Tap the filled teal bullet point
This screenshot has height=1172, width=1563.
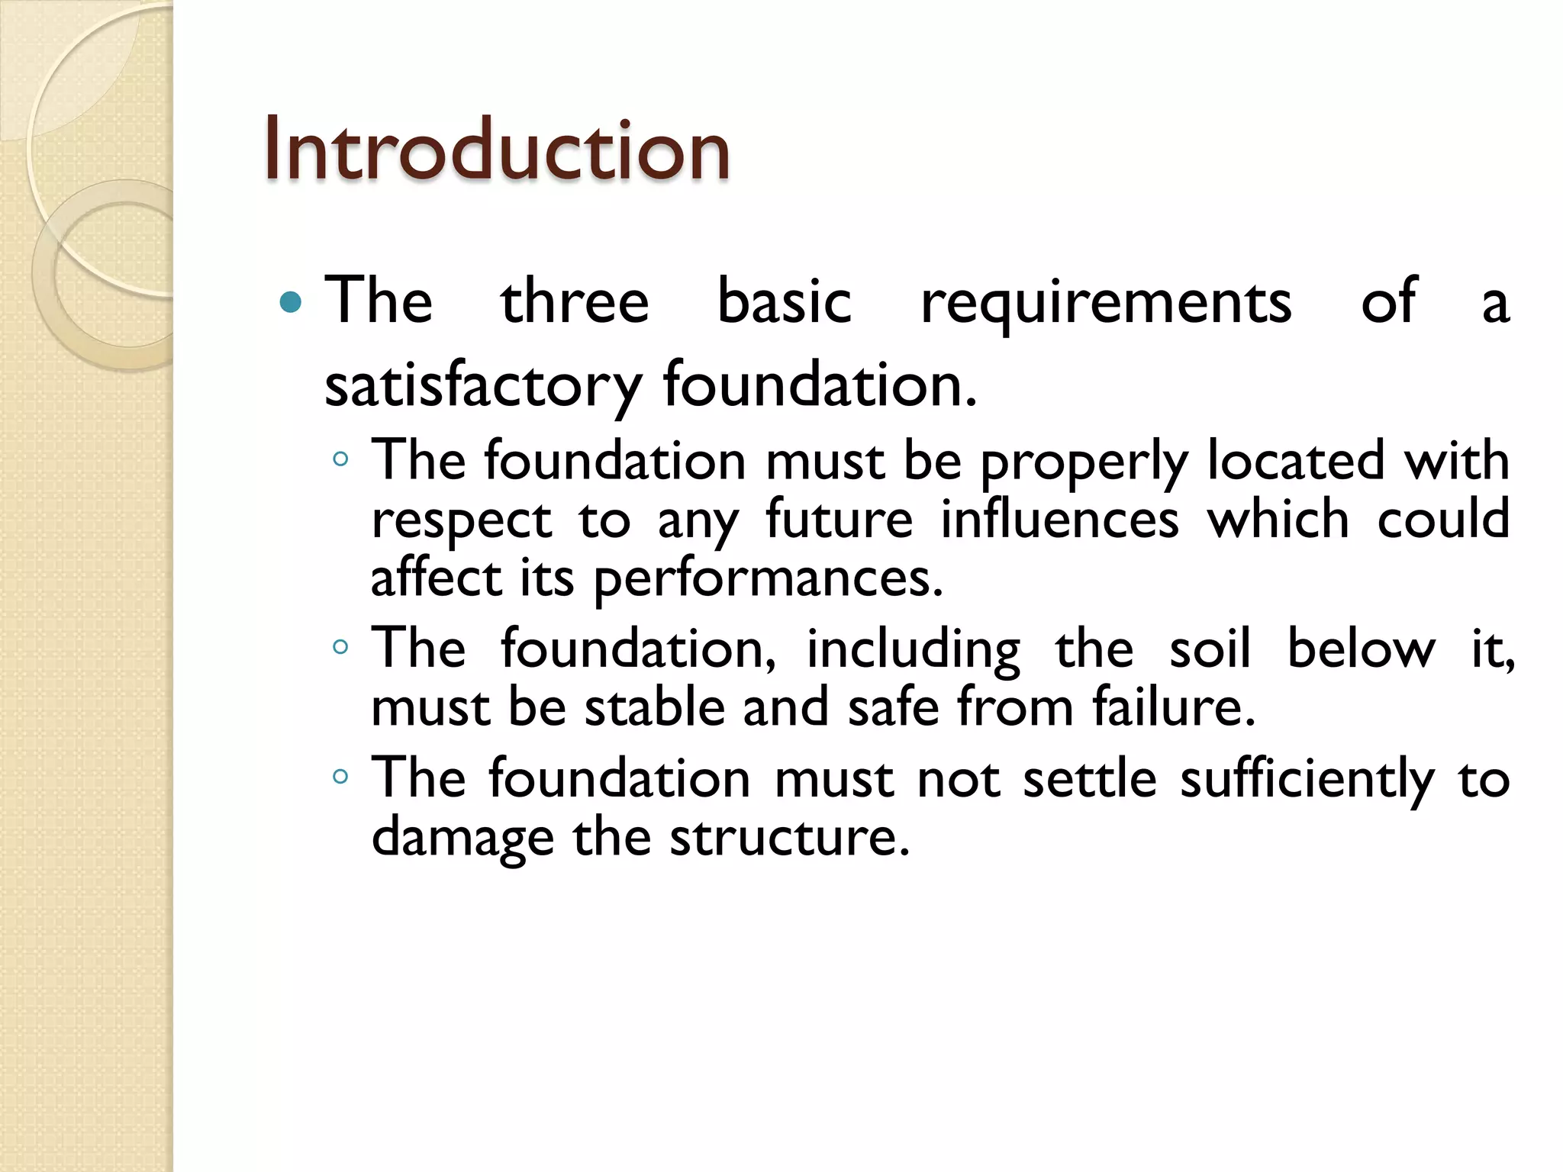pos(291,303)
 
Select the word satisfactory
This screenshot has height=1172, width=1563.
pos(482,386)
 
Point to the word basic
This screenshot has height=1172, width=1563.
pos(784,302)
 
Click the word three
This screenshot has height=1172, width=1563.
pos(574,302)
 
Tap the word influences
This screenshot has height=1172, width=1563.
pos(1059,520)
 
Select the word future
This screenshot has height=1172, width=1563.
pos(839,520)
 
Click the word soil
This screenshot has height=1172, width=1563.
pos(1210,649)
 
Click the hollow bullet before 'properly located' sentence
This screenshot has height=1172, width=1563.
pos(341,460)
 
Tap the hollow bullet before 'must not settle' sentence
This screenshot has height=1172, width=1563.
pos(341,778)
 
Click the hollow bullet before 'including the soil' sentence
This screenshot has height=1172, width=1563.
pos(341,648)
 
